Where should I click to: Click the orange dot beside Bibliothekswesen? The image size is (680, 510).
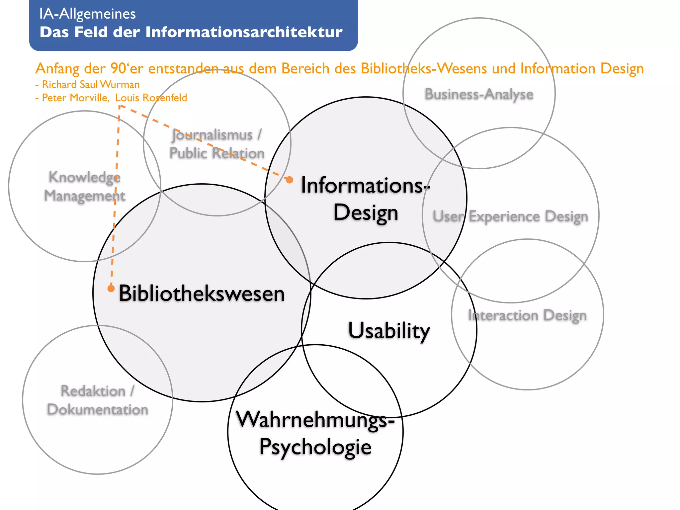[x=111, y=288]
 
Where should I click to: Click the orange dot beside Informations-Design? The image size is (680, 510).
[x=290, y=180]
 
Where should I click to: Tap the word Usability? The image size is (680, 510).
[x=389, y=331]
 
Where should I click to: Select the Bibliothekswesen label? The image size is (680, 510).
[x=202, y=294]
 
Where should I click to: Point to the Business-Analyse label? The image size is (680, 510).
[x=479, y=94]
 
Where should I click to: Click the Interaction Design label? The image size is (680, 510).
[x=527, y=315]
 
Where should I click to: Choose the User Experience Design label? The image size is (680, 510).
[x=510, y=216]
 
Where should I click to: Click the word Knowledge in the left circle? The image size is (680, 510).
[x=84, y=177]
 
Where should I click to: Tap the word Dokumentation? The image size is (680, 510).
[x=97, y=409]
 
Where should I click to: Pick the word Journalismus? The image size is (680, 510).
[x=212, y=135]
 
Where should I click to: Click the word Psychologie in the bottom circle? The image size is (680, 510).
[x=315, y=447]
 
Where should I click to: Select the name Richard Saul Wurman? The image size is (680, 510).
[x=91, y=85]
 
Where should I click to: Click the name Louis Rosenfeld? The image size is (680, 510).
[x=151, y=98]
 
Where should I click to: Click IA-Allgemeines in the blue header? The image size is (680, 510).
[x=87, y=14]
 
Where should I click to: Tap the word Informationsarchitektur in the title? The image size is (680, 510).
[x=244, y=32]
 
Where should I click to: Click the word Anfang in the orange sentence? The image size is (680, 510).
[x=57, y=69]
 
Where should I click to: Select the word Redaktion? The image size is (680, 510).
[x=93, y=391]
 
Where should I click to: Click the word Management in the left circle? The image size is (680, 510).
[x=85, y=196]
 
